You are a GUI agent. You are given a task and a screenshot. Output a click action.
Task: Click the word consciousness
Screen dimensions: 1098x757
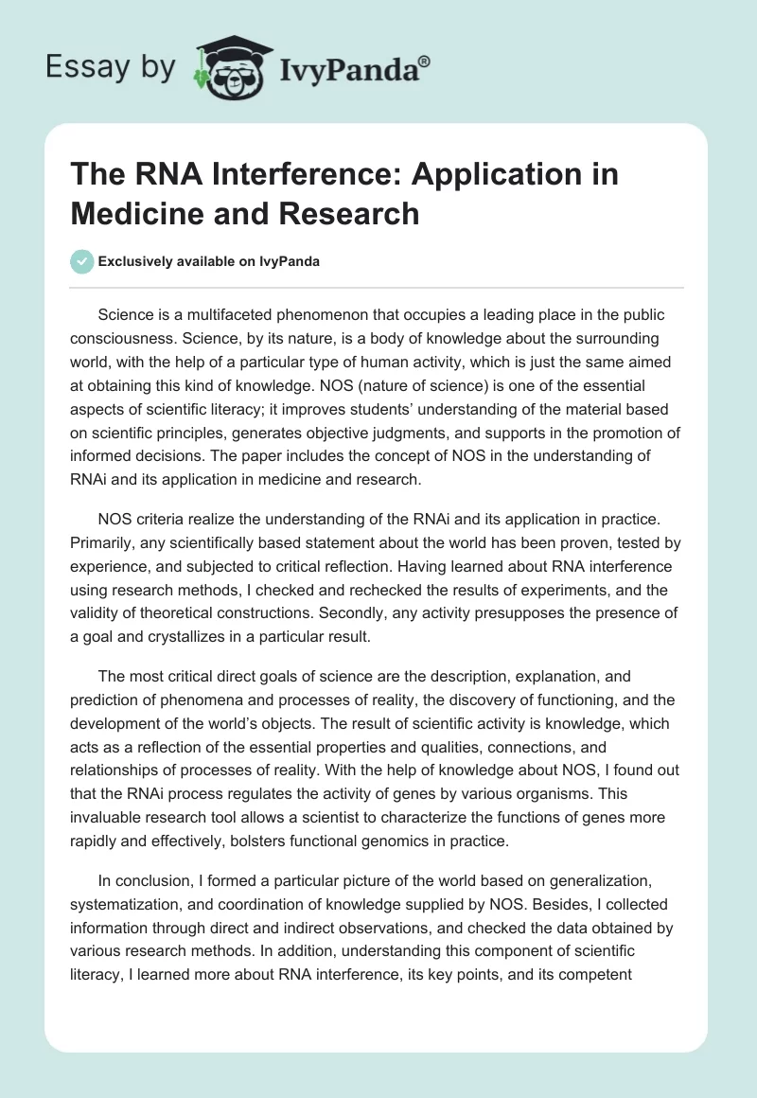tap(131, 338)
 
